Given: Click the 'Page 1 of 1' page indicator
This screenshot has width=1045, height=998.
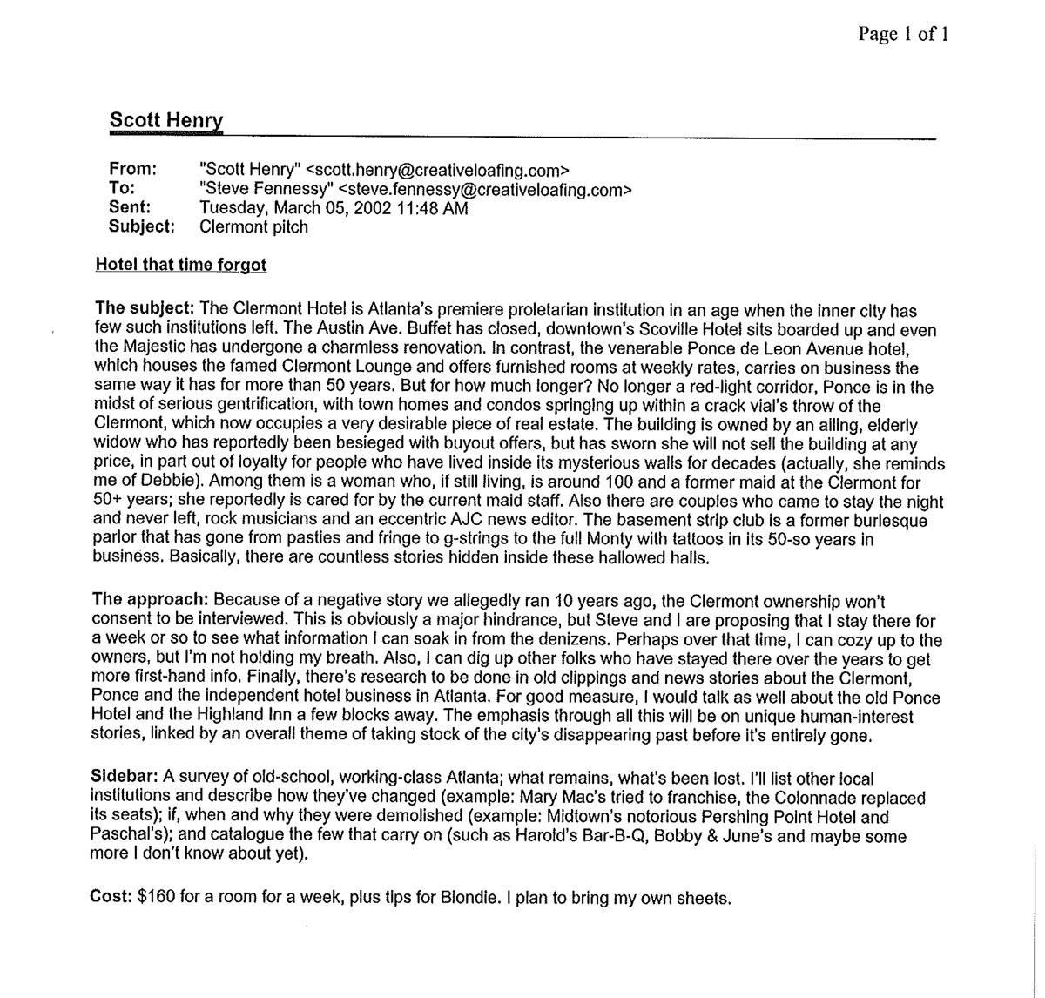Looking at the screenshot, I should coord(902,34).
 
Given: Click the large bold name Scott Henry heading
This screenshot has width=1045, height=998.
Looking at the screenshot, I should coord(166,120).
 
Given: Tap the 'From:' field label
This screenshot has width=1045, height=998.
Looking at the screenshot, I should coord(132,170).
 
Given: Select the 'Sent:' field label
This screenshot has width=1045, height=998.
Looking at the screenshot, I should coord(131,208).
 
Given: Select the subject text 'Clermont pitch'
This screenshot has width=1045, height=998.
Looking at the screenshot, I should coord(253,227).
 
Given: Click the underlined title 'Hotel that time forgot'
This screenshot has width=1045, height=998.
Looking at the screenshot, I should coord(181,265).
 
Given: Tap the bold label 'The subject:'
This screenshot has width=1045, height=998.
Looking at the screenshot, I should coord(145,310).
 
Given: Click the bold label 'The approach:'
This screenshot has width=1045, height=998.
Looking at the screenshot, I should coord(150,600).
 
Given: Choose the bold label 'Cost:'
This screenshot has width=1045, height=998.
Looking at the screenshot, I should coord(111,896).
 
